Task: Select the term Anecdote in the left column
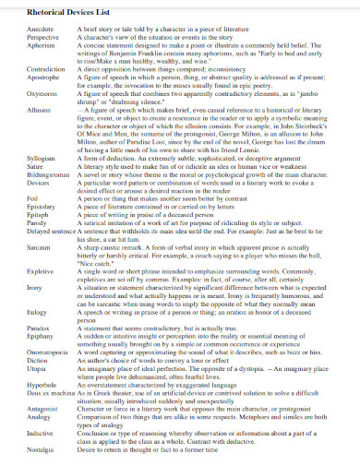point(22,30)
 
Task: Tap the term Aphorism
point(22,44)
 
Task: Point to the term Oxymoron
point(23,90)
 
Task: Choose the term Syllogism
point(23,159)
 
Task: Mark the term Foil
point(14,197)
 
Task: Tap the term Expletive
point(22,272)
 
